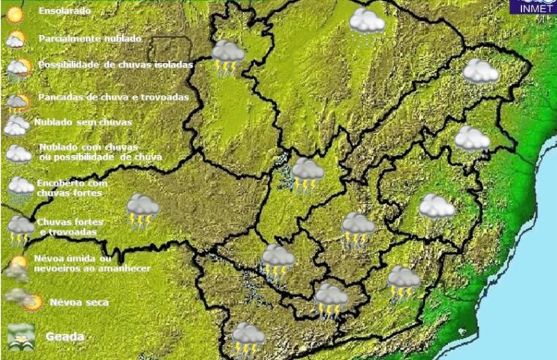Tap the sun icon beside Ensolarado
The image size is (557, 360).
tap(15, 13)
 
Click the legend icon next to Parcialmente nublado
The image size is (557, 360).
tap(15, 40)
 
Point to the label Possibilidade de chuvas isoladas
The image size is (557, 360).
tap(115, 65)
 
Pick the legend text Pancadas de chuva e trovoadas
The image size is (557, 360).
tap(113, 97)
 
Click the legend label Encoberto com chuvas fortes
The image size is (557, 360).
tap(71, 187)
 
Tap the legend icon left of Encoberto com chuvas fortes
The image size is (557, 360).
tap(20, 188)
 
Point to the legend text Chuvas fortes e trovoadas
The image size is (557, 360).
tap(70, 226)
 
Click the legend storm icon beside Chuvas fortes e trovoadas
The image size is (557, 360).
tap(20, 228)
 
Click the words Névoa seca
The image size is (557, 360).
tap(79, 302)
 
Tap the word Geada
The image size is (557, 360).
tap(65, 337)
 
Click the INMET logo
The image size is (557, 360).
tap(536, 7)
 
